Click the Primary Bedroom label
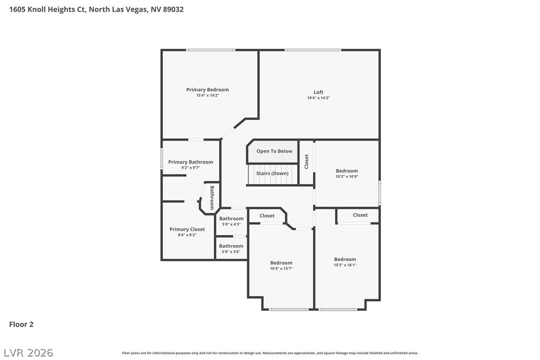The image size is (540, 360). [207, 90]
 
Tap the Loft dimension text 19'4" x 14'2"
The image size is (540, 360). [318, 98]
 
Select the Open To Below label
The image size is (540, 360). [274, 151]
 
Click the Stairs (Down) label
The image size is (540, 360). [272, 174]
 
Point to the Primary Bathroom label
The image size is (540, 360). [190, 162]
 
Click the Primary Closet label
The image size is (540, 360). [187, 229]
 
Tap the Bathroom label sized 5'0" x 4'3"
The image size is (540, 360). [231, 219]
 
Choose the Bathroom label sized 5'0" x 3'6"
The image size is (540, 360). [231, 246]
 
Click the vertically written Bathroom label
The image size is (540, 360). [212, 197]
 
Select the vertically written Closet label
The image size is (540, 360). [306, 162]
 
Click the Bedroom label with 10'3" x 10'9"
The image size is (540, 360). [347, 171]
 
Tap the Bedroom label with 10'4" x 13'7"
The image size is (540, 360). [281, 263]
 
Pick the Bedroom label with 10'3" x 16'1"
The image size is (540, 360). [345, 260]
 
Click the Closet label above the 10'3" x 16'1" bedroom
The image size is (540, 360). [360, 215]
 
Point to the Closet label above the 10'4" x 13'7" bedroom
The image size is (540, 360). [267, 216]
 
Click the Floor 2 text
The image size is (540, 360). [21, 325]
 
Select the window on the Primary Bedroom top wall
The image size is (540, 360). [210, 50]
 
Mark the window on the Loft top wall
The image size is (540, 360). [313, 50]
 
